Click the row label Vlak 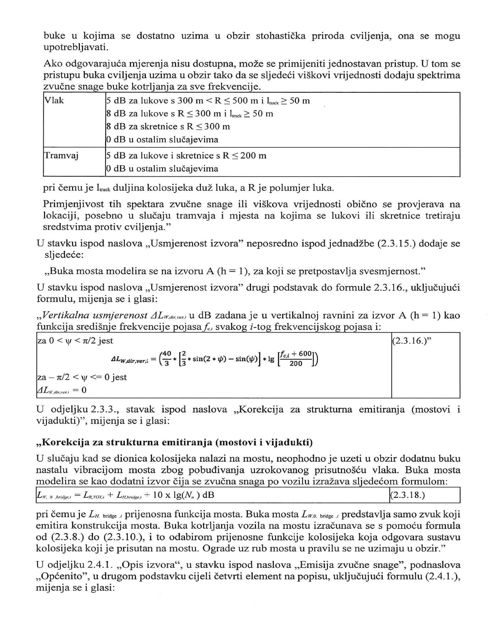pos(54,101)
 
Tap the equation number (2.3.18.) pos(407,495)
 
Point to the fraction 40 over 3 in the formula pos(167,358)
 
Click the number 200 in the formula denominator pos(295,363)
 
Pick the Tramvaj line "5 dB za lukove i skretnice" pos(186,156)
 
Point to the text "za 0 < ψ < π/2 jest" pos(75,341)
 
